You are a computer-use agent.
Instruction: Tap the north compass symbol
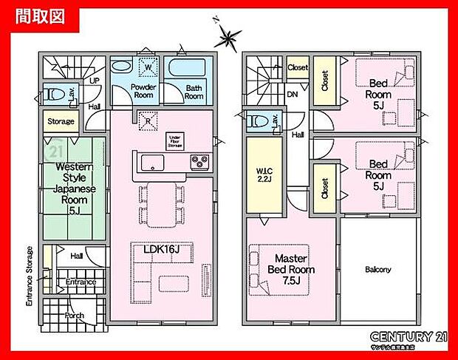tap(230, 34)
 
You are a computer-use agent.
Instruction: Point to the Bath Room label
tap(194, 91)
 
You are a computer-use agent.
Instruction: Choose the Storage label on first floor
tap(61, 120)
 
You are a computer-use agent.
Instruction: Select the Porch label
tap(74, 316)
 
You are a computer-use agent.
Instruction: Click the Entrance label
tap(81, 282)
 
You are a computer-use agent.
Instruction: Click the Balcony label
tap(377, 270)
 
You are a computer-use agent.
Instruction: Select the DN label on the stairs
tap(293, 95)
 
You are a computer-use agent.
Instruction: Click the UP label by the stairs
tap(95, 80)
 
